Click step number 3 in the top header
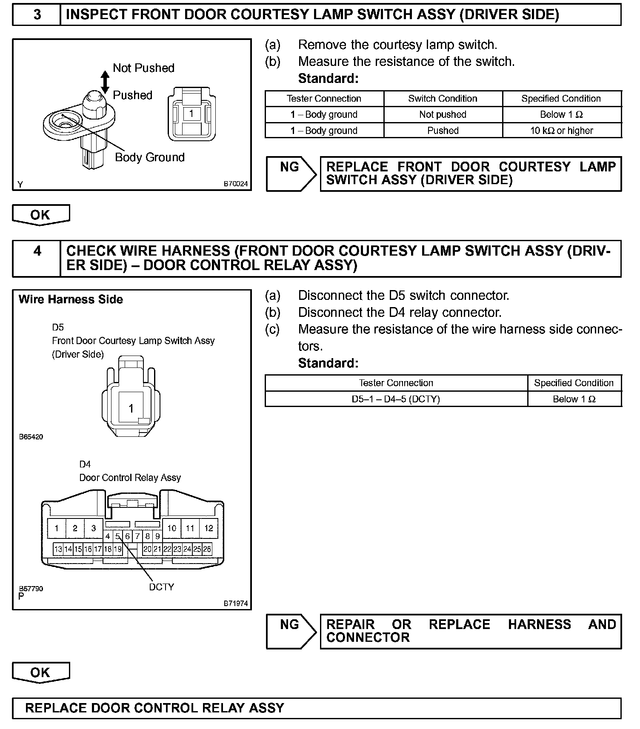click(x=37, y=15)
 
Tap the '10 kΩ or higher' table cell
click(x=561, y=131)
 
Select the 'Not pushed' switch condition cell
click(x=443, y=114)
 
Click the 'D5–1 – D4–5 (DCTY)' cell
click(x=396, y=399)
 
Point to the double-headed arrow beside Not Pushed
click(x=105, y=82)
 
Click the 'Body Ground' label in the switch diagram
click(x=150, y=157)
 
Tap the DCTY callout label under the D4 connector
click(x=162, y=587)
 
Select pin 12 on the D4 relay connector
click(x=209, y=528)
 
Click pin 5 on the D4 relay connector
click(x=118, y=536)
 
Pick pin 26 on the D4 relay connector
click(x=207, y=549)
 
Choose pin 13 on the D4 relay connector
click(x=58, y=549)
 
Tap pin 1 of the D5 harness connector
click(x=131, y=408)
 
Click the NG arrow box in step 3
click(x=291, y=174)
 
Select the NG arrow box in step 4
click(x=291, y=631)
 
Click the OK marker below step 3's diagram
click(x=40, y=215)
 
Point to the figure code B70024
click(x=236, y=184)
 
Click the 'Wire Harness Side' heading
click(x=71, y=299)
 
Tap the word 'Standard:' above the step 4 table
click(x=328, y=363)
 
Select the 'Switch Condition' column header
click(x=443, y=99)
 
